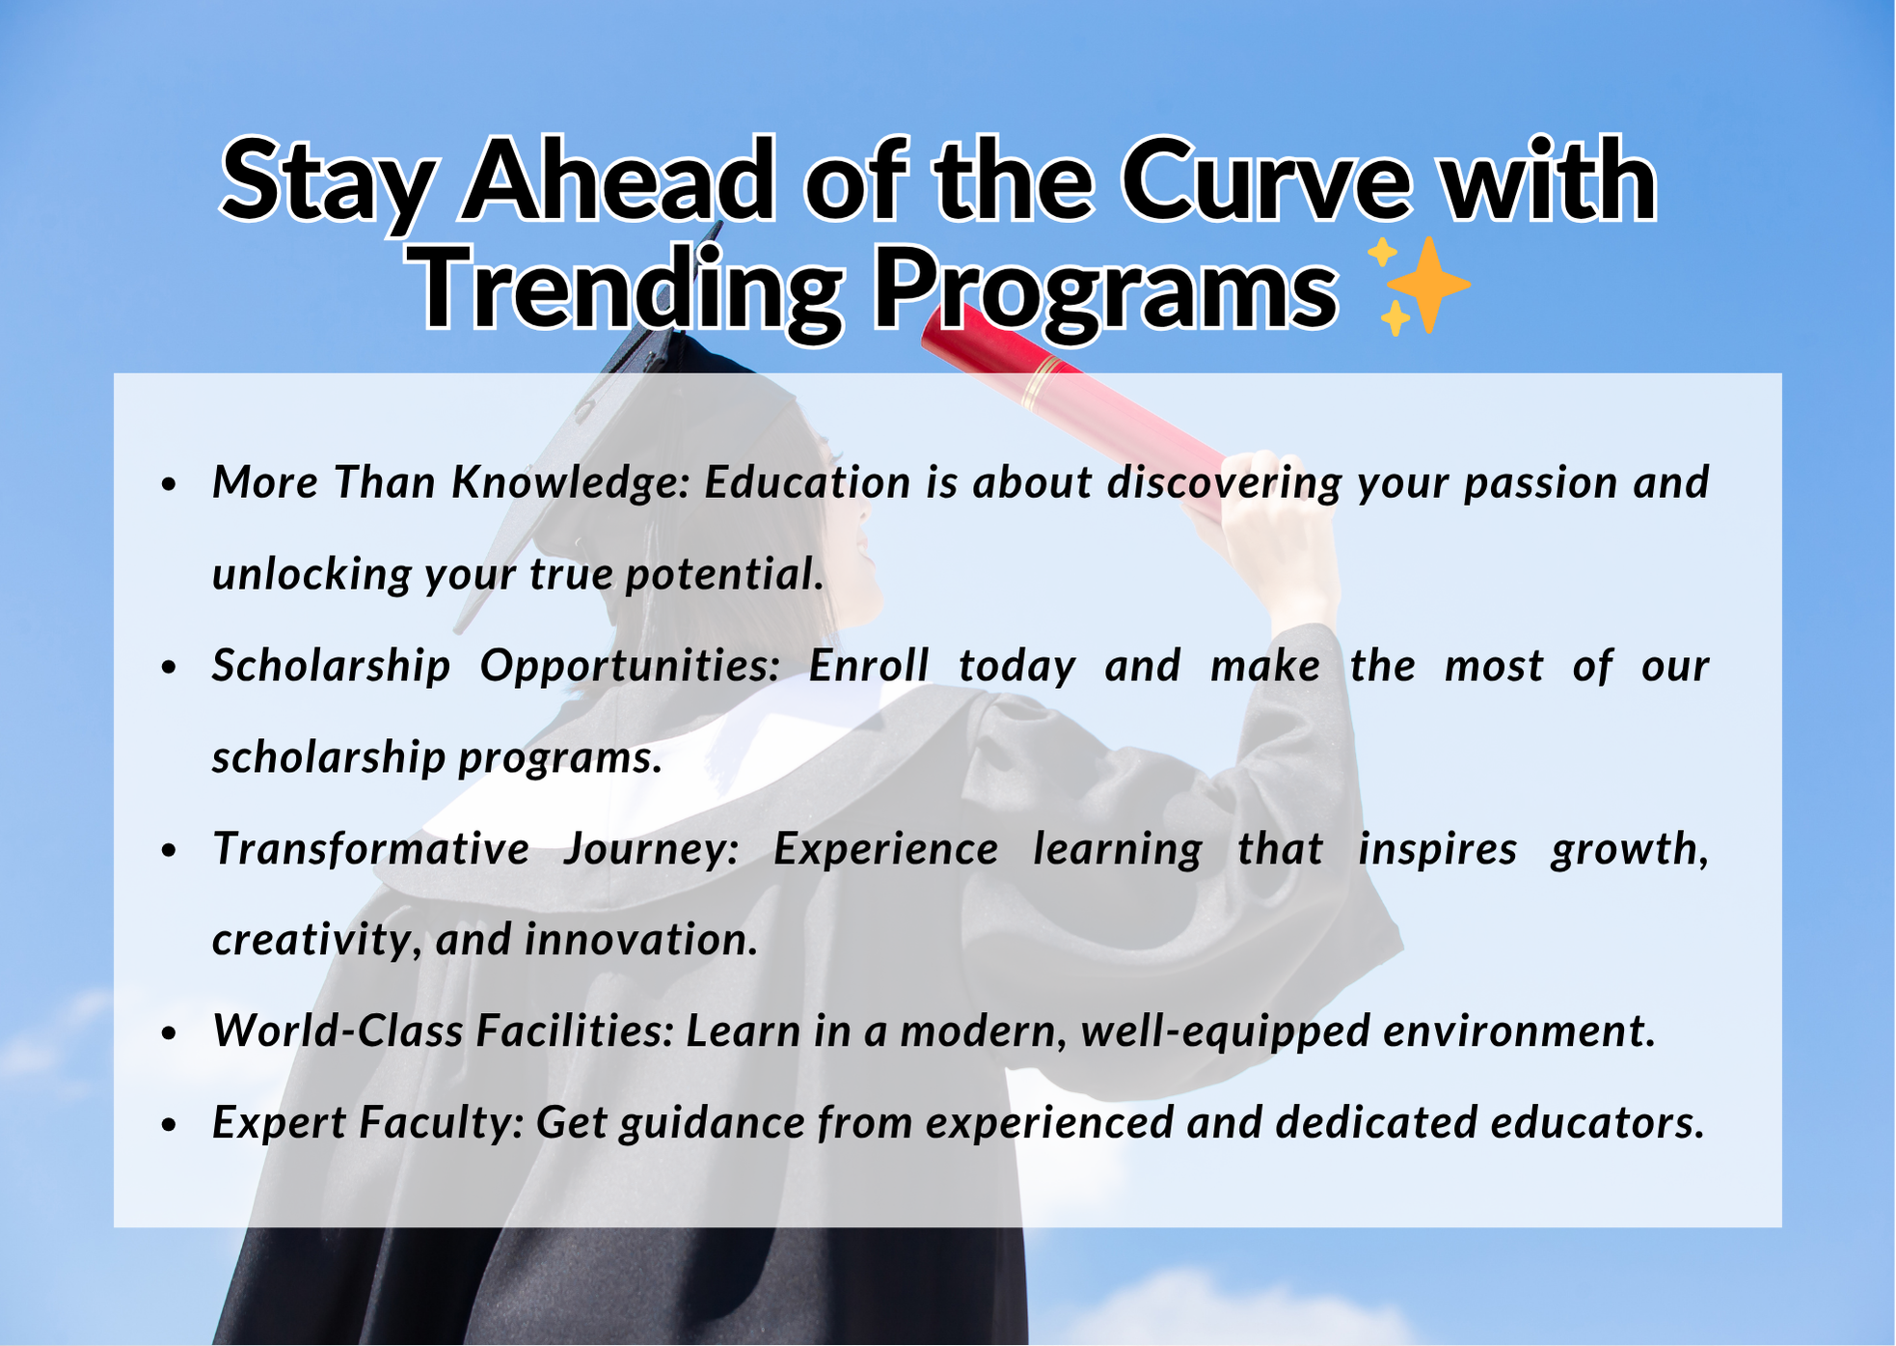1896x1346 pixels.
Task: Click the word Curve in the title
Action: (1266, 180)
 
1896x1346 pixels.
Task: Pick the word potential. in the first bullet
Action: (725, 575)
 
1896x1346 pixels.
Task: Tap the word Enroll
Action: (869, 666)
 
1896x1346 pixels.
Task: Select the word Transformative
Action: (371, 849)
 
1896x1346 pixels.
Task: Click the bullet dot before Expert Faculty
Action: (170, 1125)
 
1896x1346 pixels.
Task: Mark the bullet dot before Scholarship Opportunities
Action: (170, 668)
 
